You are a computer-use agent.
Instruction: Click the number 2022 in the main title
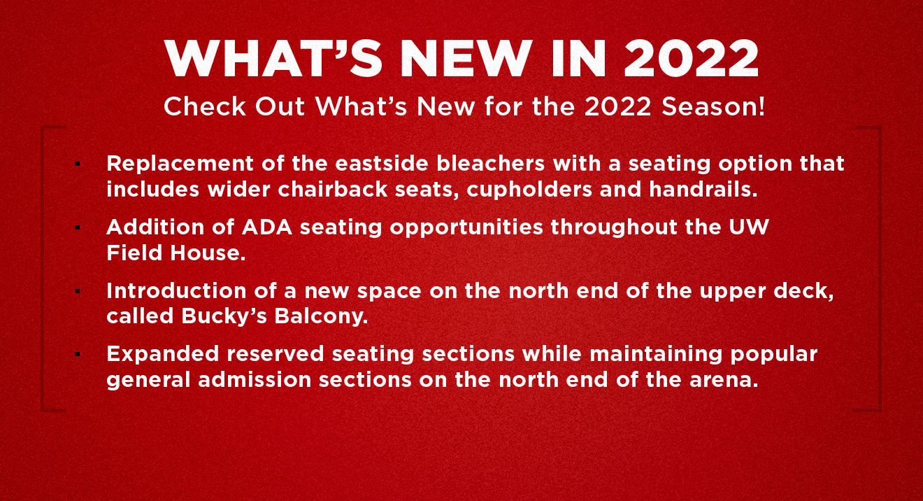691,59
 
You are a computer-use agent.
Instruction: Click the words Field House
176,253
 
